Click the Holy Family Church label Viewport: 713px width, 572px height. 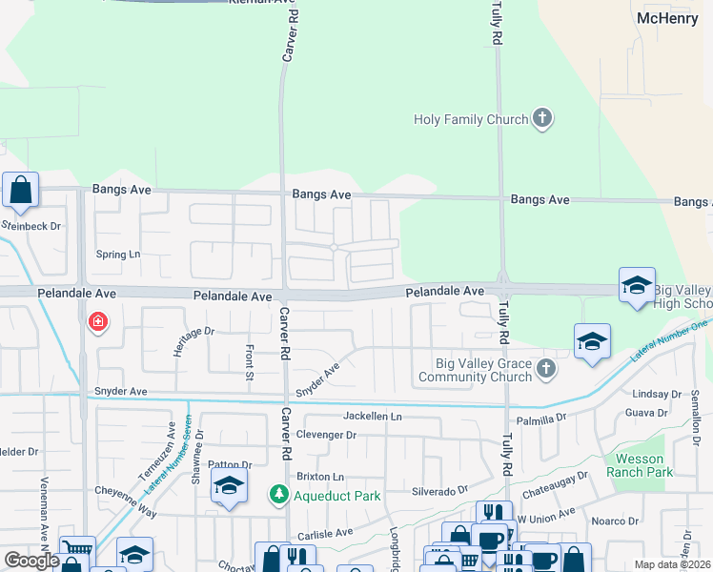point(471,119)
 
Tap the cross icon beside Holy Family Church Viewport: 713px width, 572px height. point(542,119)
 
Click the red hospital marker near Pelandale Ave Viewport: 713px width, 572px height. point(96,323)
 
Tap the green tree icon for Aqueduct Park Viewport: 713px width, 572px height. point(278,495)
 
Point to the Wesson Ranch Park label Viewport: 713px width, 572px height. point(644,465)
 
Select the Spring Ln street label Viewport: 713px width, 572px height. point(118,255)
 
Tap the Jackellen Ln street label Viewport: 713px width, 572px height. point(373,417)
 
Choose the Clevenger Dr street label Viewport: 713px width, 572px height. point(326,435)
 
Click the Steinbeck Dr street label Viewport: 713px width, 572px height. point(31,226)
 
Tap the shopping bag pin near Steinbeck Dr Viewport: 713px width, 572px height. point(20,191)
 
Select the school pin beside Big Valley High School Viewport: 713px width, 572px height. point(637,286)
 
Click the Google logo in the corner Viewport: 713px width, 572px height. point(31,561)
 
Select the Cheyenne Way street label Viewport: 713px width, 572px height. point(125,501)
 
